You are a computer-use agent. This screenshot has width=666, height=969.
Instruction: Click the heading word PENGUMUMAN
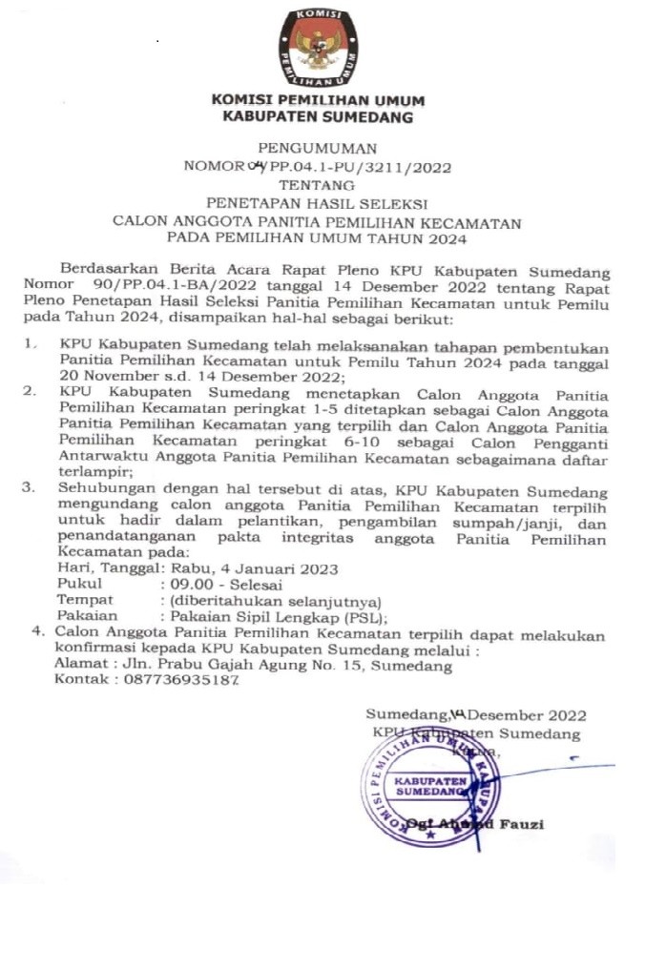[318, 148]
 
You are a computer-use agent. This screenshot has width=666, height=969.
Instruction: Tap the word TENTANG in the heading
[319, 184]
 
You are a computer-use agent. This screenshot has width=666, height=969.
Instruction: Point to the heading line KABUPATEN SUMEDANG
[318, 117]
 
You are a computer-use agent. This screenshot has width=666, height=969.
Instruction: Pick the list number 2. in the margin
[31, 390]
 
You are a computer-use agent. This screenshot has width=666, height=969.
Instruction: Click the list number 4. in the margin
[38, 631]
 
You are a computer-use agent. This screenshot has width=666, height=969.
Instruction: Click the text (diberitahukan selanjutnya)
[274, 600]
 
